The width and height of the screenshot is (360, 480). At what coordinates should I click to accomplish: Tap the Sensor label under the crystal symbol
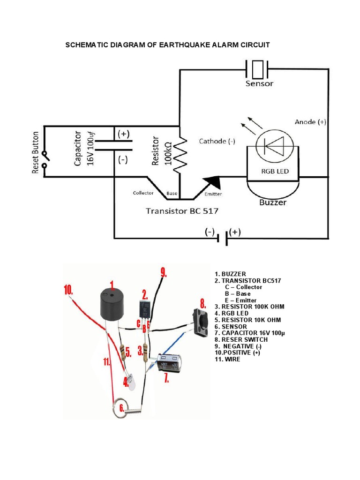pos(259,84)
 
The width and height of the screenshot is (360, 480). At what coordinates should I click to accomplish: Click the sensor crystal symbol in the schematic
pos(257,69)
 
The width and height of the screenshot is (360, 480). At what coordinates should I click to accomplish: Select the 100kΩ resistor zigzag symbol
pos(180,155)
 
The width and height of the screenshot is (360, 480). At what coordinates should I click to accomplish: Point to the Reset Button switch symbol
pos(45,160)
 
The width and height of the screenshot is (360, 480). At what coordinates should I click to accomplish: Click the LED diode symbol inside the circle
pos(274,146)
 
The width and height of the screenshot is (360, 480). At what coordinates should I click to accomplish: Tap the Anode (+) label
pos(310,122)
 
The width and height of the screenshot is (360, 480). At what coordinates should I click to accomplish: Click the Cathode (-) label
pos(217,141)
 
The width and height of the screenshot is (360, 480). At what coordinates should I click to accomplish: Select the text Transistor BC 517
pos(182,211)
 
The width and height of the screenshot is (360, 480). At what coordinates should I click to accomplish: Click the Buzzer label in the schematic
pos(273,203)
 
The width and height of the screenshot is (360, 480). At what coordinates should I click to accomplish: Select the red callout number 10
pos(69,290)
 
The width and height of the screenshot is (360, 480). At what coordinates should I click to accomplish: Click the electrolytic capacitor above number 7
pos(169,364)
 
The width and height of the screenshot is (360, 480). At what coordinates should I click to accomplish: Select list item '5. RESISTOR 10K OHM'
pos(247,320)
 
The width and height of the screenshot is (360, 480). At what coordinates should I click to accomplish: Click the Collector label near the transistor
pos(143,193)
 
